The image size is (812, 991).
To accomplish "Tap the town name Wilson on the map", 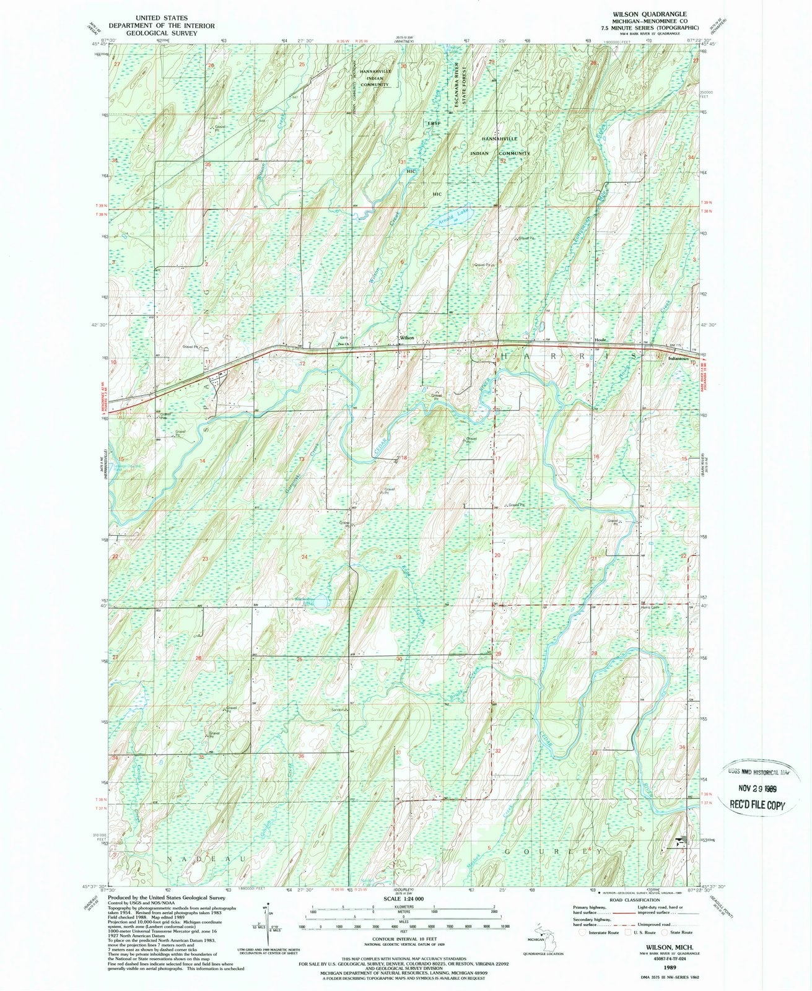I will coord(406,338).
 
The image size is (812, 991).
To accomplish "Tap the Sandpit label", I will coord(338,710).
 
